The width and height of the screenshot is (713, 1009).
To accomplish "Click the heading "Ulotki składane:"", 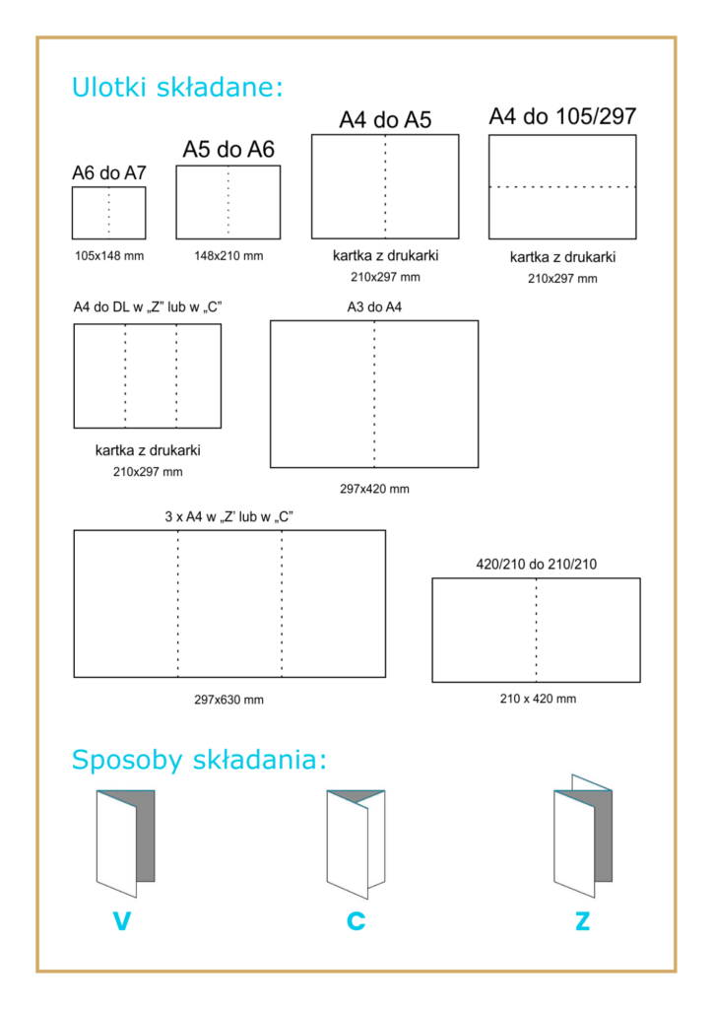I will coord(177,88).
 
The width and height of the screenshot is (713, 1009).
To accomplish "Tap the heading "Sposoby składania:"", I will coord(199,761).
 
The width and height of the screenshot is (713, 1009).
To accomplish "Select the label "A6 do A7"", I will coord(109,172).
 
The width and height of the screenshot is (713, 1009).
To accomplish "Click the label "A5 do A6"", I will coord(228,150).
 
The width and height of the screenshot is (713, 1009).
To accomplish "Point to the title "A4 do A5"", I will coord(385,120).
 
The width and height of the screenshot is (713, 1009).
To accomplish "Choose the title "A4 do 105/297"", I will coord(562,117).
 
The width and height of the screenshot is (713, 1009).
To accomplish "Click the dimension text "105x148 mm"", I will coord(109,256).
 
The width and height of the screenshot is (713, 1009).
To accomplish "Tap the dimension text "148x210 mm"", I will coord(228,256).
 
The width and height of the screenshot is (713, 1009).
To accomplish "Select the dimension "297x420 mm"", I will coord(374,489).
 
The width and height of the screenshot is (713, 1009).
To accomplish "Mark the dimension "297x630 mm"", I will coord(228,700).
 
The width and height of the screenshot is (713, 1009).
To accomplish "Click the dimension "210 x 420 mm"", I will coord(537,699).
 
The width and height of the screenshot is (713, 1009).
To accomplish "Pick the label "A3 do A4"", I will coord(374,306).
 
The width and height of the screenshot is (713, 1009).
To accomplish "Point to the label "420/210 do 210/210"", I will coord(536,565).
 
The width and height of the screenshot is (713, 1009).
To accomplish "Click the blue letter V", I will coord(122,922).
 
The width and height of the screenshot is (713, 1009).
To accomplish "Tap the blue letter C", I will coord(356,922).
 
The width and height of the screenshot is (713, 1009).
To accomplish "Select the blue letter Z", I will coord(583,922).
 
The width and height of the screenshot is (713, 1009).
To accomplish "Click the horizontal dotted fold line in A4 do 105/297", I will coord(562,186).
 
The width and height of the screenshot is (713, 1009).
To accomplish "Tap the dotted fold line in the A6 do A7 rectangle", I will coord(109,213).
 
